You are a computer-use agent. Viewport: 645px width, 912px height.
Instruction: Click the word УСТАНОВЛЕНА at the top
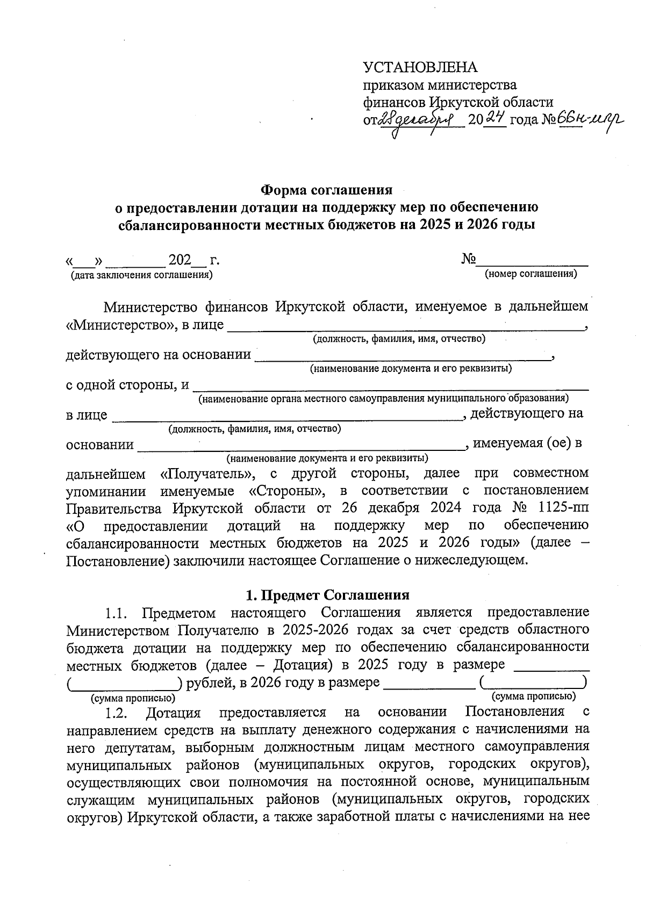coord(420,67)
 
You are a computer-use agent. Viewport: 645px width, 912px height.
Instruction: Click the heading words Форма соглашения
coord(326,190)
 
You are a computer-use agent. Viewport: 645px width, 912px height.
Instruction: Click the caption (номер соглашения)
coord(531,274)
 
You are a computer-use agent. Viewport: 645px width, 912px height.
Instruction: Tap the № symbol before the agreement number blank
coord(468,260)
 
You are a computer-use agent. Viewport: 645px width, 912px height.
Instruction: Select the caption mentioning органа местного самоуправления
coord(383,399)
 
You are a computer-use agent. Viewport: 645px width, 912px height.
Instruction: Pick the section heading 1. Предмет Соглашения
coord(327,595)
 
